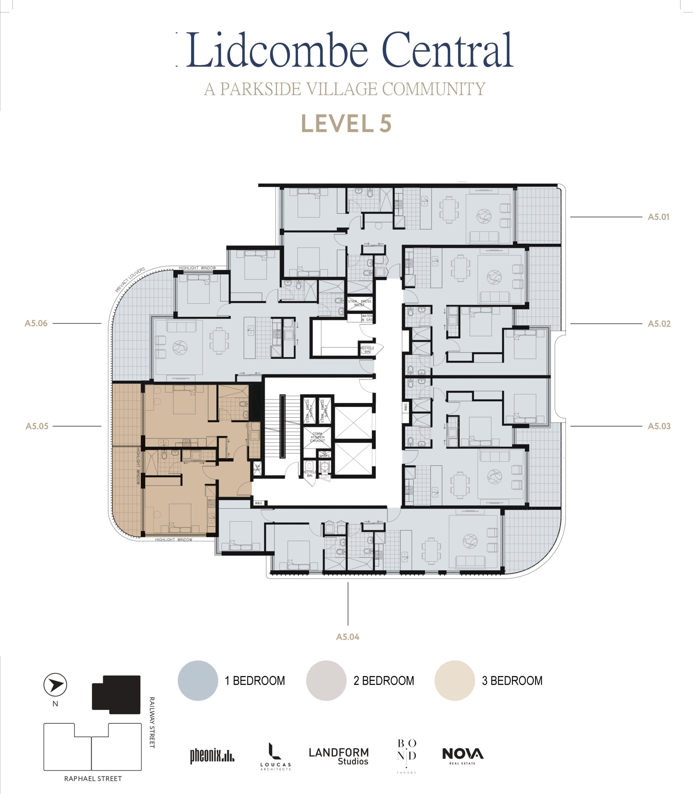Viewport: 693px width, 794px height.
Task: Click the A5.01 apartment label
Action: tap(658, 217)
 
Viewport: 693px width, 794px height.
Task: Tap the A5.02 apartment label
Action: tap(659, 323)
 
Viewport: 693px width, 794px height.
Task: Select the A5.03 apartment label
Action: tap(659, 426)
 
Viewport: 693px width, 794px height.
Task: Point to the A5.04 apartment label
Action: tap(348, 637)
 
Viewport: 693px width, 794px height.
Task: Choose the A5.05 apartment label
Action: tap(37, 426)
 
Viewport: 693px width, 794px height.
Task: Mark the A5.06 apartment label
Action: tap(36, 323)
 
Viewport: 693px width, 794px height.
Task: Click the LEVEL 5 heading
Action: tap(346, 124)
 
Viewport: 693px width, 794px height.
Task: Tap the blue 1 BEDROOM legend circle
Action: tap(198, 680)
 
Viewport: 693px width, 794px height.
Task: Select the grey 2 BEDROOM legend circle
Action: tap(326, 680)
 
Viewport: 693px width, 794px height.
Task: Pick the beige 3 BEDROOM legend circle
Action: tap(454, 680)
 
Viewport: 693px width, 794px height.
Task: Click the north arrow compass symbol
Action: tap(55, 685)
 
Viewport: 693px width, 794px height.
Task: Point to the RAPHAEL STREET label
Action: tap(93, 778)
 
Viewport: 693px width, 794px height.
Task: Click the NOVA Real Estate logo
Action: tap(463, 756)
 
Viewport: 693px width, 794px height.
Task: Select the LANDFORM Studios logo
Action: tap(339, 756)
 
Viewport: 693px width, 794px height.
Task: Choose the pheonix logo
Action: tap(212, 756)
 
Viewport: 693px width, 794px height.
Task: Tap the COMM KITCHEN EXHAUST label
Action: tap(317, 437)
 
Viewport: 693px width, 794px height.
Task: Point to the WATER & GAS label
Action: tap(367, 318)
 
